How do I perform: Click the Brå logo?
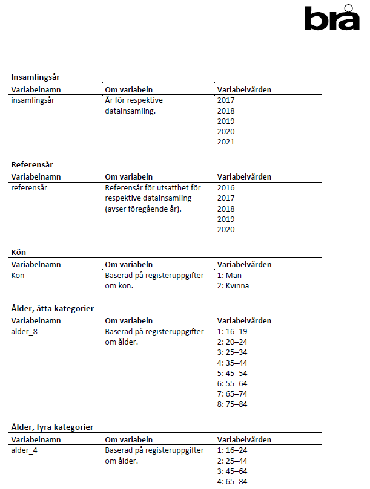point(331,18)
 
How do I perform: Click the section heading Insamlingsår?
point(35,77)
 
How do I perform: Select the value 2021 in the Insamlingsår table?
point(226,142)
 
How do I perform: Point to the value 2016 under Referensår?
point(226,188)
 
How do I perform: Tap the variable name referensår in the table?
point(30,188)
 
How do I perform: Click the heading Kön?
point(19,252)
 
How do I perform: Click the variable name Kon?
point(19,275)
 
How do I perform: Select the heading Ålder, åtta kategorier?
point(53,308)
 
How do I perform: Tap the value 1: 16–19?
point(232,331)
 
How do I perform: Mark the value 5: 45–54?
point(232,374)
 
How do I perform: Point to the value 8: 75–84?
point(232,404)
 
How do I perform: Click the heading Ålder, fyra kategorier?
point(52,427)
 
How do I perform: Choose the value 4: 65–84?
point(232,481)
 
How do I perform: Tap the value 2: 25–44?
point(232,461)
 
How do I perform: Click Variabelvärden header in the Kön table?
point(244,264)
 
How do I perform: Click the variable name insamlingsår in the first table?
point(33,100)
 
